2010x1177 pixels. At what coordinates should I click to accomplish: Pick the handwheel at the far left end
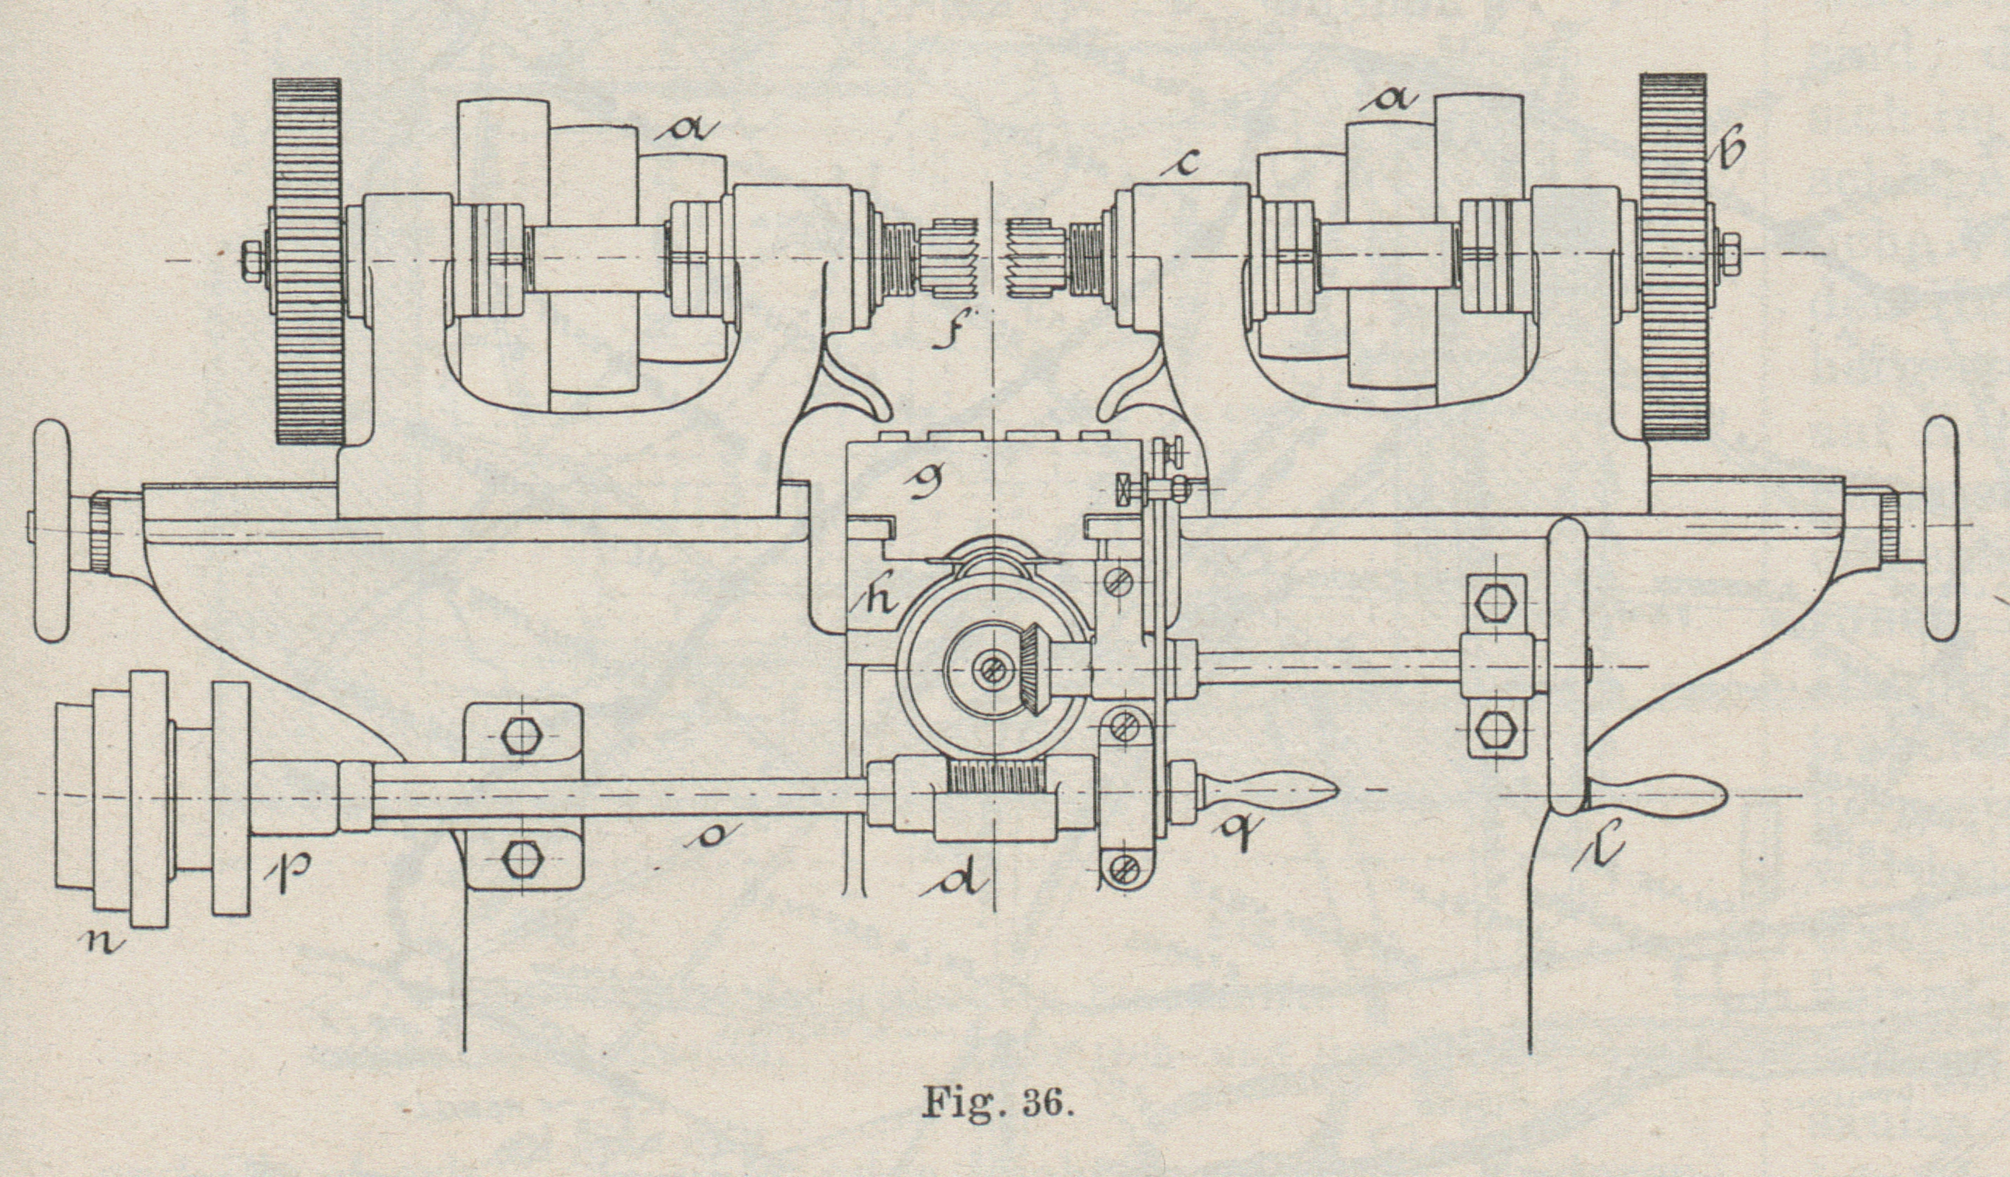(x=52, y=530)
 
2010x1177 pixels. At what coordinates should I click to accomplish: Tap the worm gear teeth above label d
(x=997, y=775)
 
